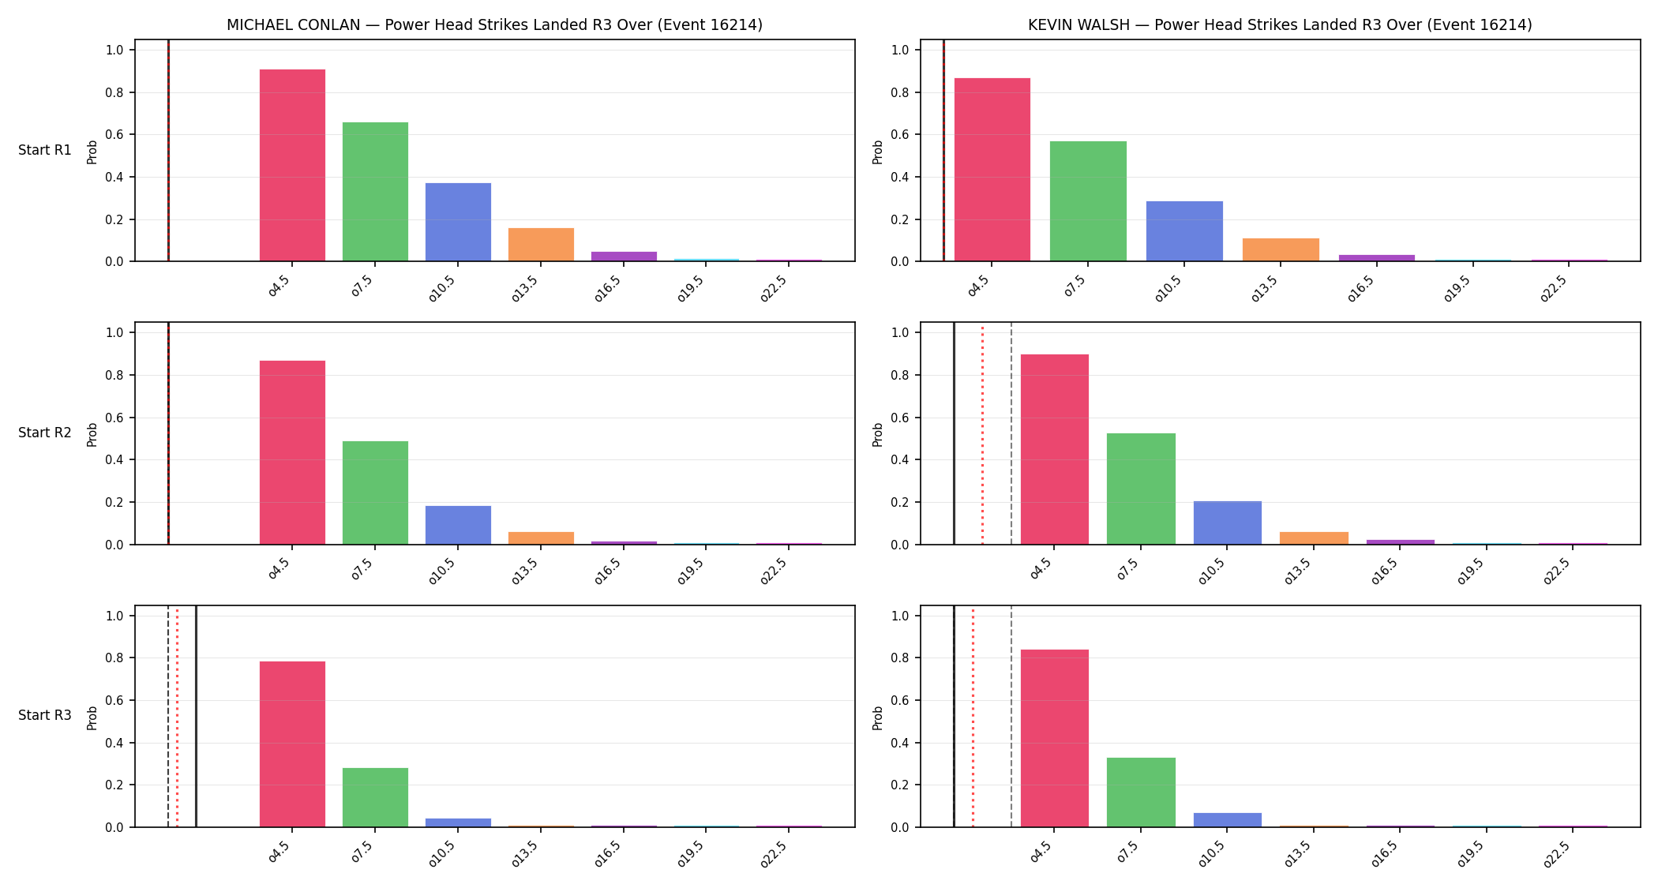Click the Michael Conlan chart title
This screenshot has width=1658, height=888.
494,24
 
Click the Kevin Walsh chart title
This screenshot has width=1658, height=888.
1280,24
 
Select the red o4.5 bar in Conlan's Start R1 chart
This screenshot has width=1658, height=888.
292,165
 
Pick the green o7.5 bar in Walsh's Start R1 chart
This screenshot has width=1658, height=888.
1088,201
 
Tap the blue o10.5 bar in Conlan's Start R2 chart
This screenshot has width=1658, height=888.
458,525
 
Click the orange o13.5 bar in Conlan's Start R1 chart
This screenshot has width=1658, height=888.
541,245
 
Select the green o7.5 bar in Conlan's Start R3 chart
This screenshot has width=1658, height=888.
375,797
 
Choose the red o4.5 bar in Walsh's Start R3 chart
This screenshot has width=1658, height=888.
1055,738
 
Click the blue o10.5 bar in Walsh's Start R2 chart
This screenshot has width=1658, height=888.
1228,523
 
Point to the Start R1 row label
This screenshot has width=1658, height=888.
45,150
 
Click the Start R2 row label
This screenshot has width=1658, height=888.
45,433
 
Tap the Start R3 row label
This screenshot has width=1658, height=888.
45,715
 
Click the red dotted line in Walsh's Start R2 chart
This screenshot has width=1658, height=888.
982,433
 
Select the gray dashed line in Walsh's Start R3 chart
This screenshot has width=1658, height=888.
1011,716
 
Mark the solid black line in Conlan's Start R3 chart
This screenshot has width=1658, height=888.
196,716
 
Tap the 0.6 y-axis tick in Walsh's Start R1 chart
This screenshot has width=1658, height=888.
900,135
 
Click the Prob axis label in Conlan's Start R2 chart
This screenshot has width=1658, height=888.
92,435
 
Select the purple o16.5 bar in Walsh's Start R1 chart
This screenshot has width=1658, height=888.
1376,258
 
